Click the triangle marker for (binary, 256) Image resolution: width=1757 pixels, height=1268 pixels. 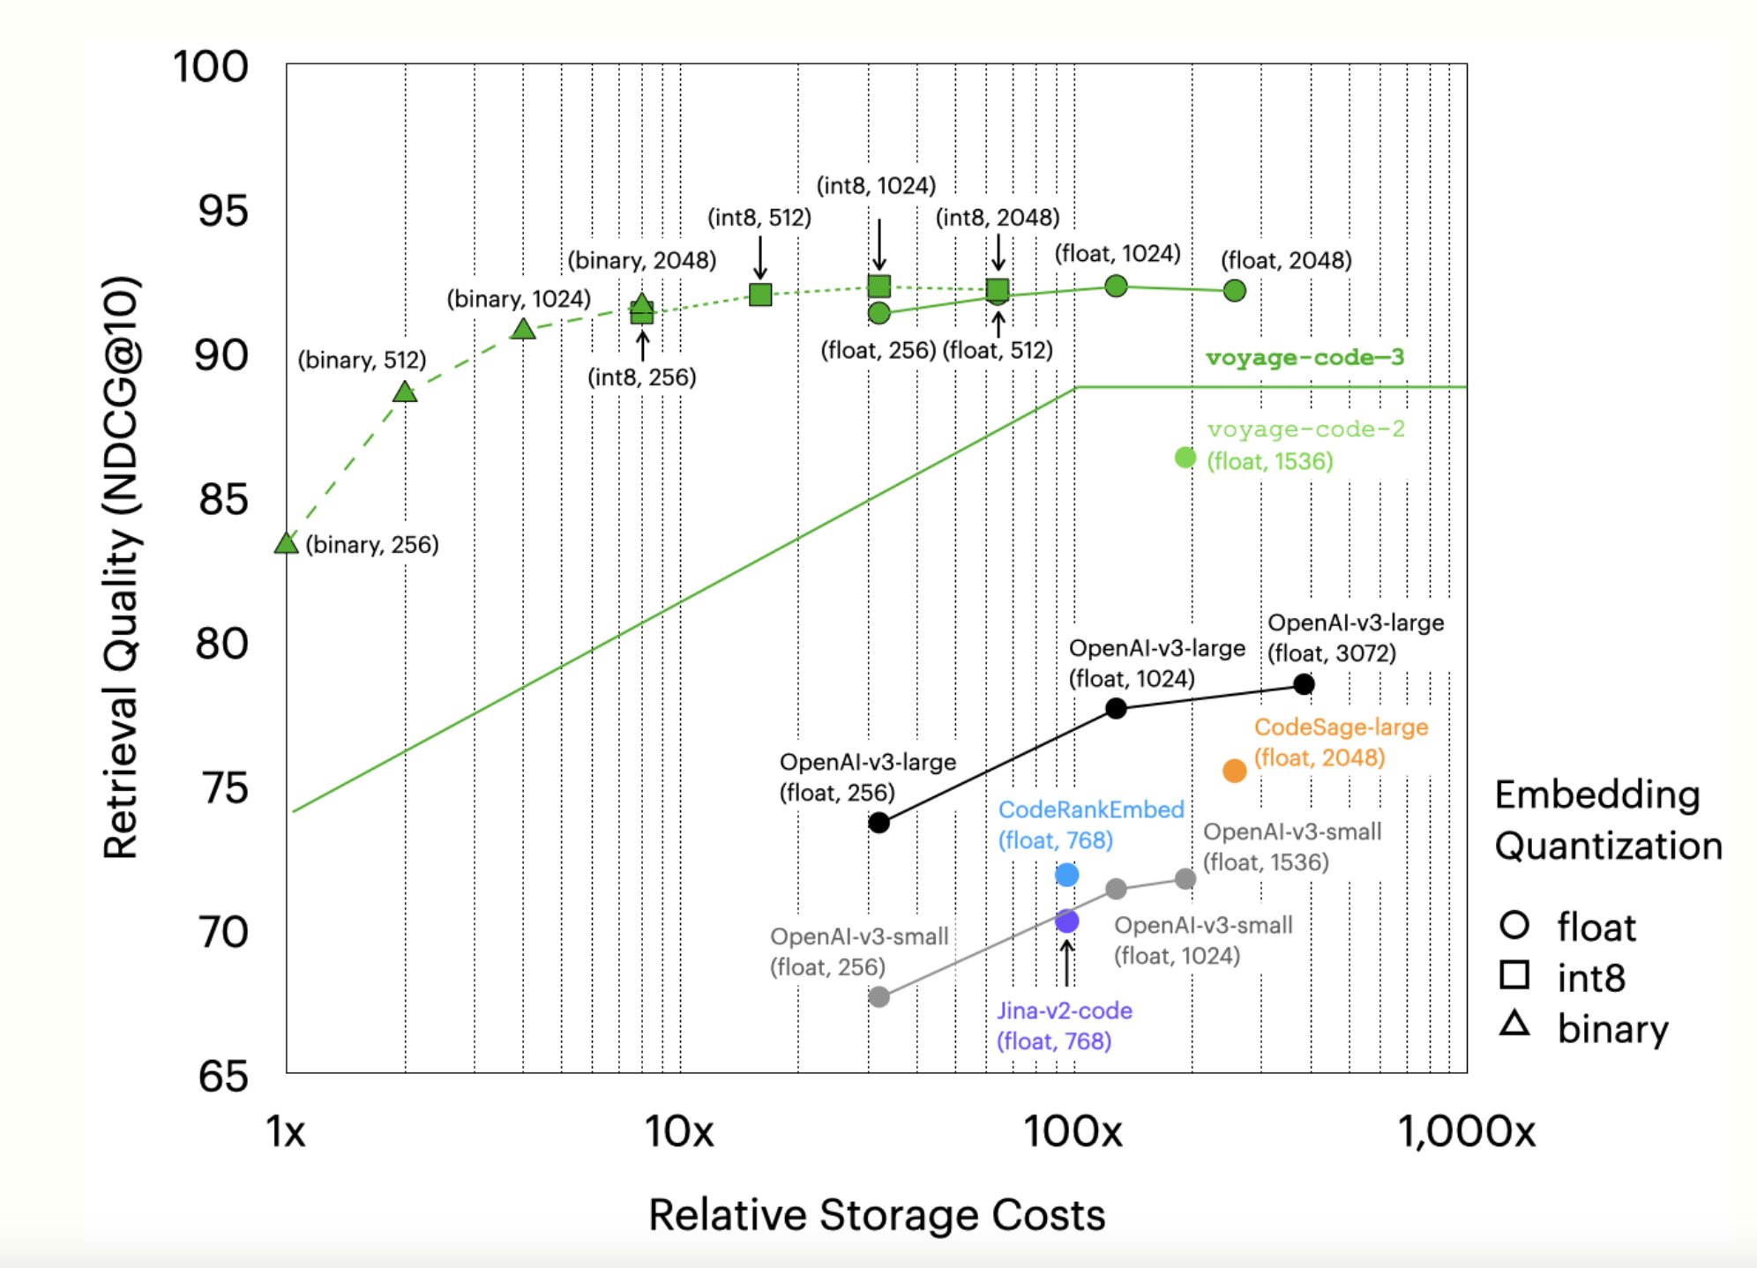click(x=286, y=544)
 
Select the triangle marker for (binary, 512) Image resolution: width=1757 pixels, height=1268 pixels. click(x=405, y=392)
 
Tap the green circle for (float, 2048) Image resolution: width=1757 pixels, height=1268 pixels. click(x=1235, y=290)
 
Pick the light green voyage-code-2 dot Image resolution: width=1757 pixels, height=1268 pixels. click(x=1185, y=458)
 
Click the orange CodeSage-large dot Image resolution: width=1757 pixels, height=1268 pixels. click(x=1234, y=772)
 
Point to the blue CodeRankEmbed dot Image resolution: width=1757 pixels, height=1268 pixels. click(x=1067, y=875)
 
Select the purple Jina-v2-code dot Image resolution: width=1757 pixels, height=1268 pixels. click(x=1067, y=921)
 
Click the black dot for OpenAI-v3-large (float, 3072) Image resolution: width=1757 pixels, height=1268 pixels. click(x=1304, y=684)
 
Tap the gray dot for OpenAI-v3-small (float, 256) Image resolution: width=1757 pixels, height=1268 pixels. click(x=878, y=997)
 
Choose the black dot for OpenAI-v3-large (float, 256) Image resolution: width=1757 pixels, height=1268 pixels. click(x=878, y=823)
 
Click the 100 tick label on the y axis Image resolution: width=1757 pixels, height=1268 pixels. click(x=211, y=67)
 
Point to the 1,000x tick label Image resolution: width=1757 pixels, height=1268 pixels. click(x=1466, y=1131)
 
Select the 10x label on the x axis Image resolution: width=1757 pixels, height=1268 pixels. click(x=678, y=1131)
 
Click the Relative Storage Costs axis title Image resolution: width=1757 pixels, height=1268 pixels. click(x=877, y=1215)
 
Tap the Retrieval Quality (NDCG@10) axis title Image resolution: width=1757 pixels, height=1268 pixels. click(x=122, y=569)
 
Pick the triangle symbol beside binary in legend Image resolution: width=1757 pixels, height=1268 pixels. click(x=1514, y=1024)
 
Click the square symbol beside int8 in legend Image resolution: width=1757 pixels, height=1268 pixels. click(x=1514, y=975)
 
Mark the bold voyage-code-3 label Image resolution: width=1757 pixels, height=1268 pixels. click(x=1305, y=357)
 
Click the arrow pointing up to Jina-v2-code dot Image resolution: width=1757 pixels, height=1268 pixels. click(x=1066, y=963)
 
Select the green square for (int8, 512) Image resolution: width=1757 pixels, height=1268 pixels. click(x=760, y=295)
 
